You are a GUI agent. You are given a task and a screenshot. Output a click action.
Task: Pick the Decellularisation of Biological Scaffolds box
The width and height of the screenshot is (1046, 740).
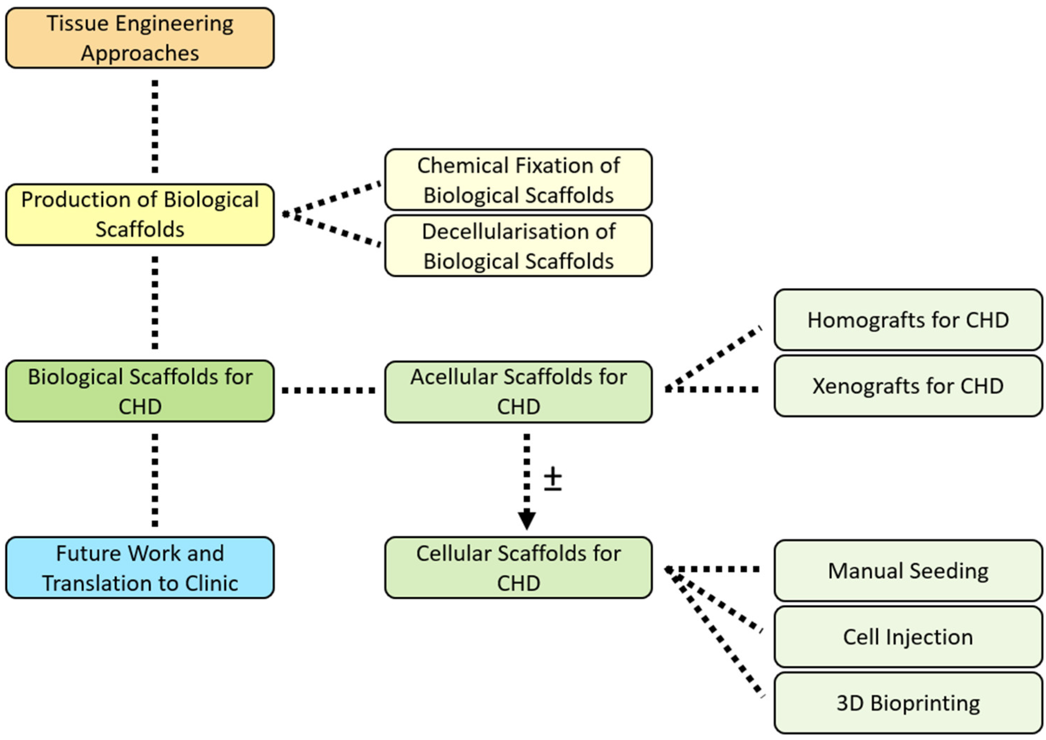[x=518, y=246]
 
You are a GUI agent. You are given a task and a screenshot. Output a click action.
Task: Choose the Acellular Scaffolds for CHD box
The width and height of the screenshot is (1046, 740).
[x=518, y=392]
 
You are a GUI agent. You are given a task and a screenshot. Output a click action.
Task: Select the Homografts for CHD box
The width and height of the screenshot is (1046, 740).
[x=908, y=320]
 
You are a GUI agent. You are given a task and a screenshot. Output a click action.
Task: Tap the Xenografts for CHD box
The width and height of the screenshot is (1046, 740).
[x=908, y=386]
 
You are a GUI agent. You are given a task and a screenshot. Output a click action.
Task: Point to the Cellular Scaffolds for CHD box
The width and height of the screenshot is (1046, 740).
[x=518, y=567]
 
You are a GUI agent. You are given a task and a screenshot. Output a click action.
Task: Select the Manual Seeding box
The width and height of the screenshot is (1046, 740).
[x=908, y=570]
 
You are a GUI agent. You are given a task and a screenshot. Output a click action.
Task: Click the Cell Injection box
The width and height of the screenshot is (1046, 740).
[x=908, y=637]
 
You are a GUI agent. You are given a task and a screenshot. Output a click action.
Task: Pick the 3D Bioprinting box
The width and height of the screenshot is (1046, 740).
[x=908, y=703]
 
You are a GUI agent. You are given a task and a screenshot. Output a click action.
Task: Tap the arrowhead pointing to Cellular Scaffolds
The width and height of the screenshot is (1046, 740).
[x=527, y=519]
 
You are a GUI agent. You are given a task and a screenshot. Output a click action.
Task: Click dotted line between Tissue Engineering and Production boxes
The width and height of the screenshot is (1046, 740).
[x=155, y=127]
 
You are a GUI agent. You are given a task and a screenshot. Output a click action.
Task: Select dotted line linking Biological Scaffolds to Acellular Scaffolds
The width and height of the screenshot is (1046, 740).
[x=328, y=391]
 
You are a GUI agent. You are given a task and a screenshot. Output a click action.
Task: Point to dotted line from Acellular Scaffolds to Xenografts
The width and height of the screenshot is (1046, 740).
[x=712, y=389]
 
